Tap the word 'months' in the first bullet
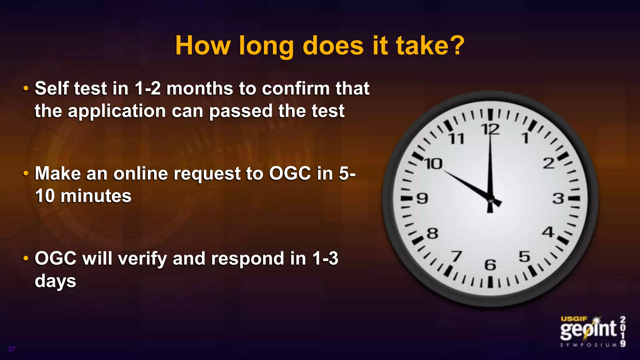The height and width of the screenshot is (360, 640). pos(200,88)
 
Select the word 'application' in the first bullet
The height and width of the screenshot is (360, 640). pos(117,112)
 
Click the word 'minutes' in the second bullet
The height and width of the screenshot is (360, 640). pos(96,196)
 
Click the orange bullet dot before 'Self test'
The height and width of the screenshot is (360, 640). pos(26,88)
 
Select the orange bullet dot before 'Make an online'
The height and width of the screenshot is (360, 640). pos(26,173)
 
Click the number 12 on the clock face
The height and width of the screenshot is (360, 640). pos(490,129)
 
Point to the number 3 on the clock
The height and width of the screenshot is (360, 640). pos(558,198)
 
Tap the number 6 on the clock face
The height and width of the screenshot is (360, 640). pos(490,265)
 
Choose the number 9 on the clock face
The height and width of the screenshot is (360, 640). pos(422,198)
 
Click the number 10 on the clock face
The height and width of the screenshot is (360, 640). pos(433,164)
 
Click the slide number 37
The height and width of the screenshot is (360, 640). pos(12,349)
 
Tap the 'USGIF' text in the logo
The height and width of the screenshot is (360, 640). pos(574,319)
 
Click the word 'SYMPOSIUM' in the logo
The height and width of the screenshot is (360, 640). pos(588,345)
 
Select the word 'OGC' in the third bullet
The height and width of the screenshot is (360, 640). pos(55,259)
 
